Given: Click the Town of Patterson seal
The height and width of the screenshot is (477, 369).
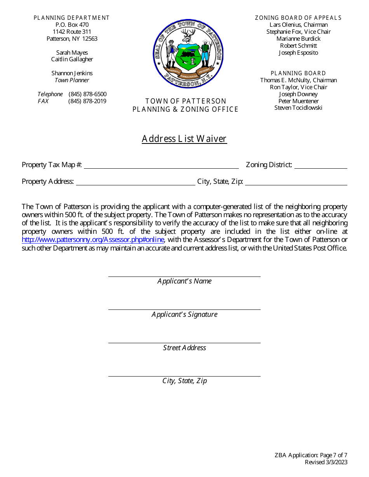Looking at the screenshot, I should (x=188, y=53).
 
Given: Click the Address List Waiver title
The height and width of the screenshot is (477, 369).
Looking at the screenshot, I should (x=184, y=139).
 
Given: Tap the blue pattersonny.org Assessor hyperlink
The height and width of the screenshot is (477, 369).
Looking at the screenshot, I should (x=93, y=240).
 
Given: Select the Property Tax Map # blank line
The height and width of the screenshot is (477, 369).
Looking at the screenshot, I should (x=161, y=166).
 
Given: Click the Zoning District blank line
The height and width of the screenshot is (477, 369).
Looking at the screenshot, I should (x=320, y=166).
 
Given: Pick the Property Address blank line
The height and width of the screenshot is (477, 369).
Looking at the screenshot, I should (x=136, y=183).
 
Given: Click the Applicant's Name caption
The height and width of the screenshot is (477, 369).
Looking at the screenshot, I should (x=184, y=281).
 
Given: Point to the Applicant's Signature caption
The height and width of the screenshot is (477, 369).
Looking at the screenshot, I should (x=184, y=315).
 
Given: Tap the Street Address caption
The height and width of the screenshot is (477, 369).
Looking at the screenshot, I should (x=184, y=348).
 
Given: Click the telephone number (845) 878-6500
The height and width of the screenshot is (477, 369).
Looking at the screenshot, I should (x=87, y=94).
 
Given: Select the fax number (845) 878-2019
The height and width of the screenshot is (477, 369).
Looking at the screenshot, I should (x=87, y=101).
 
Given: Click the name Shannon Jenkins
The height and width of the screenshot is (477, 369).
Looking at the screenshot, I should (x=72, y=73).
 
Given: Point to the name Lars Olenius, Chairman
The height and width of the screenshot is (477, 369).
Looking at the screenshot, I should (x=298, y=25).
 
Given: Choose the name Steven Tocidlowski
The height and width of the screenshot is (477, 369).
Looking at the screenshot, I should (x=298, y=108).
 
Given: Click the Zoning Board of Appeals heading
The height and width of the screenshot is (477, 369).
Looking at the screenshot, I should (x=298, y=18).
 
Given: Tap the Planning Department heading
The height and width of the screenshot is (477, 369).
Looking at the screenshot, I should (x=72, y=18).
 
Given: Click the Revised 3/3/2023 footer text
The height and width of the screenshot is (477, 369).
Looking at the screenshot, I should (x=326, y=462).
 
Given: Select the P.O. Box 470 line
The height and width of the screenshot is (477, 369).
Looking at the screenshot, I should (x=72, y=25).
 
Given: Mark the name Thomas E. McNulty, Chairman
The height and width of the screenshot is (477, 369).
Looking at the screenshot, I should (x=298, y=80).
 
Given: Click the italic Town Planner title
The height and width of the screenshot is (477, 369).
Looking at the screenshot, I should (x=72, y=80).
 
